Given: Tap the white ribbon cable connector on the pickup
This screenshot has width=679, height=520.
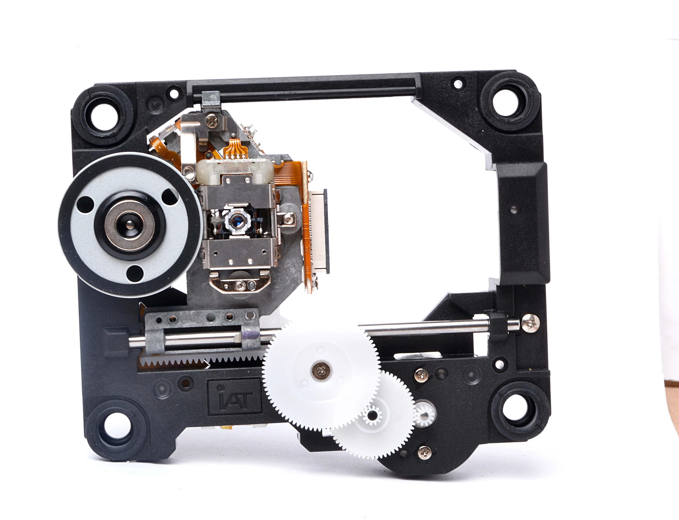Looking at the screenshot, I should (x=319, y=232).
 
